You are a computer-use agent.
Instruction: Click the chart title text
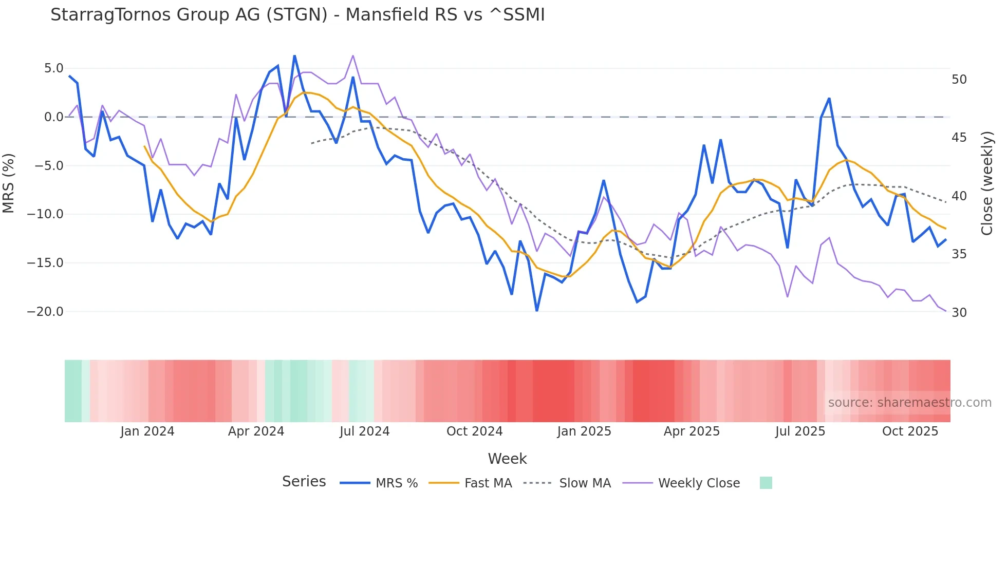click(x=297, y=15)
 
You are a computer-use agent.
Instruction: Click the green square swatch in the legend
click(x=766, y=483)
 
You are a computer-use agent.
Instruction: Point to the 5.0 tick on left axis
click(x=53, y=68)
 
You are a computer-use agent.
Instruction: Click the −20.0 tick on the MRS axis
click(x=45, y=312)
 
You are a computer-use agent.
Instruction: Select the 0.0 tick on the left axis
click(x=53, y=117)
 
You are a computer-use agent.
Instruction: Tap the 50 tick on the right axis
click(x=959, y=80)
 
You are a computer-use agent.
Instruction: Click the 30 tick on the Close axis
click(x=959, y=313)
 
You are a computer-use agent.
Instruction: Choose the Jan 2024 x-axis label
click(x=147, y=431)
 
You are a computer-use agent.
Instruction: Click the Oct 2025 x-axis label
click(x=910, y=431)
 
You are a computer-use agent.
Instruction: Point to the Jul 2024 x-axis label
click(x=364, y=431)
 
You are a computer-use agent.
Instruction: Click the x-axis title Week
click(x=507, y=459)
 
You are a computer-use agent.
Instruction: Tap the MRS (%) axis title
click(x=9, y=183)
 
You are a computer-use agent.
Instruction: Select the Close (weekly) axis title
click(x=987, y=183)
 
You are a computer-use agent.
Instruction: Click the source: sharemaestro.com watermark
click(x=909, y=403)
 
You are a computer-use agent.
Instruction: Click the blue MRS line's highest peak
click(x=294, y=55)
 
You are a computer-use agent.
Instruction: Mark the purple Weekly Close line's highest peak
click(x=353, y=55)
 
